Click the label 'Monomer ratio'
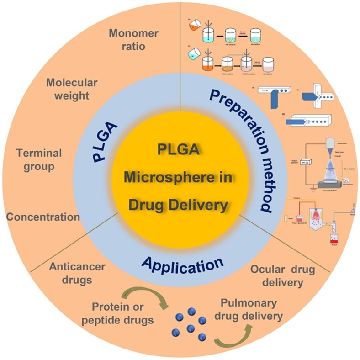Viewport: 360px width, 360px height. pos(133,40)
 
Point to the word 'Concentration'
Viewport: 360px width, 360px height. pos(43,217)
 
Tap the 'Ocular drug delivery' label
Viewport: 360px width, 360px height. pos(282,276)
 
